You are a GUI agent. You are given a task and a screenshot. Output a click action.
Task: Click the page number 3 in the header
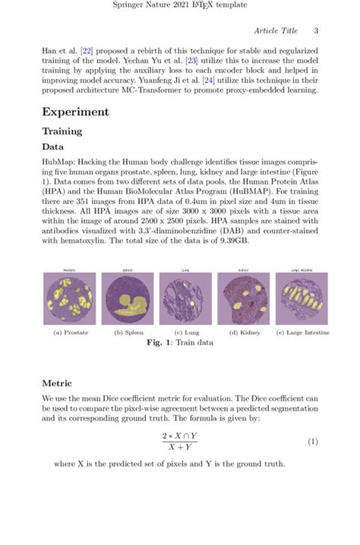(315, 30)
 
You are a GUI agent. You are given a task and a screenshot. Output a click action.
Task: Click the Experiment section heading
(76, 112)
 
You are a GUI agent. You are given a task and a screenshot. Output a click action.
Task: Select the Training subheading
(62, 131)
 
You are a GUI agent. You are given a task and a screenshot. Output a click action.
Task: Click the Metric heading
(57, 383)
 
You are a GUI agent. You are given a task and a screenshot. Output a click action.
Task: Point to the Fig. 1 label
(159, 342)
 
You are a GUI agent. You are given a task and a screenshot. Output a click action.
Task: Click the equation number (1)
(312, 442)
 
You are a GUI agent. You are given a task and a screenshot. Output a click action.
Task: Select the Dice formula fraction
(179, 442)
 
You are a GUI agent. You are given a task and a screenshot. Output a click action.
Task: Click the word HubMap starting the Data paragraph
(57, 162)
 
